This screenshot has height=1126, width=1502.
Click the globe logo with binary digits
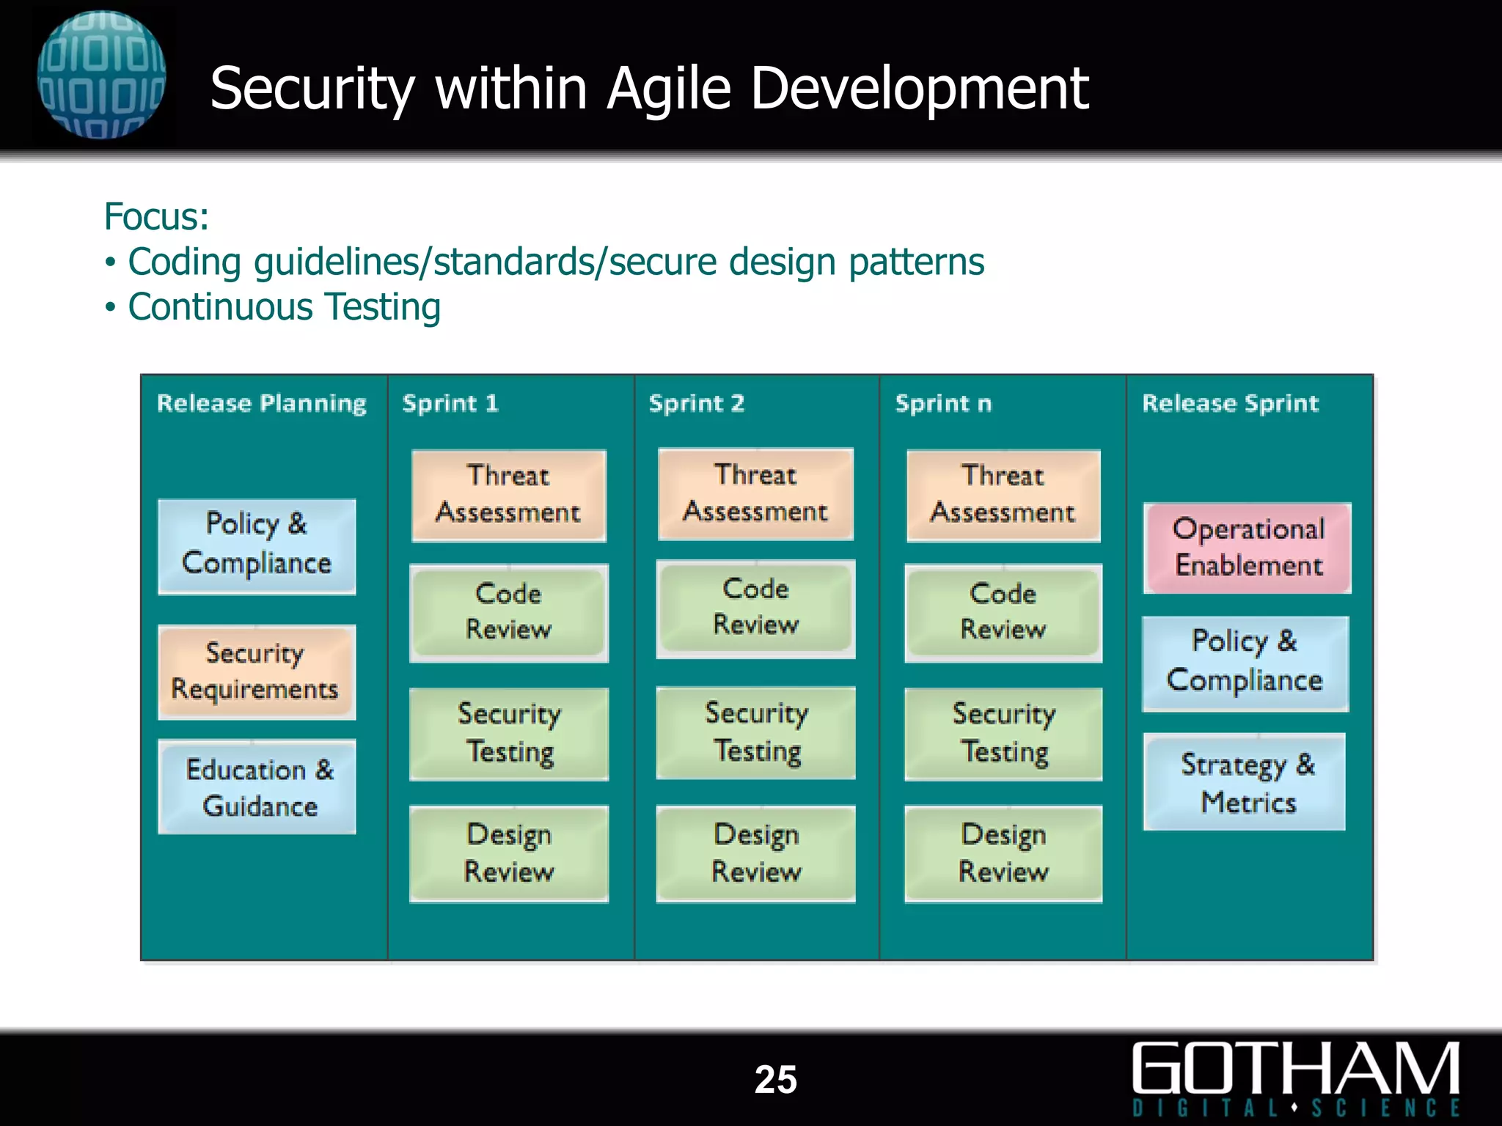tap(101, 75)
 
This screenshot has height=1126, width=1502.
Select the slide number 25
tap(775, 1079)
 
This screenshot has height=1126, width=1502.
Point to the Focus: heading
tap(157, 217)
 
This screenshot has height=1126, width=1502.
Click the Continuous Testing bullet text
tap(284, 307)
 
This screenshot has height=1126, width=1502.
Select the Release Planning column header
tap(262, 403)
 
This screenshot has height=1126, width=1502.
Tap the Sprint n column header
tap(943, 403)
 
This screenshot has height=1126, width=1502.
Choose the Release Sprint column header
tap(1230, 403)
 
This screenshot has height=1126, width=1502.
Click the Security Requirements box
tap(257, 671)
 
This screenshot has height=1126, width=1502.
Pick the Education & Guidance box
tap(257, 787)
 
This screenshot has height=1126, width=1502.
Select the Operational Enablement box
tap(1248, 548)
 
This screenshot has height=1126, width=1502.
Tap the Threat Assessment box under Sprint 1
tap(509, 495)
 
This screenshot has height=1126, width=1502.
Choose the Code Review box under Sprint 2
tap(755, 607)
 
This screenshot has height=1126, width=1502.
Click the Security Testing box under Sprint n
tap(1003, 733)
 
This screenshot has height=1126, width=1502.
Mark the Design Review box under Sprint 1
tap(509, 853)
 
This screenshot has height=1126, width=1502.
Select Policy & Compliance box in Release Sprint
tap(1245, 662)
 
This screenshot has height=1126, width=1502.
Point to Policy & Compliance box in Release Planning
tap(257, 545)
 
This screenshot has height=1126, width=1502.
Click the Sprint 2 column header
tap(696, 403)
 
